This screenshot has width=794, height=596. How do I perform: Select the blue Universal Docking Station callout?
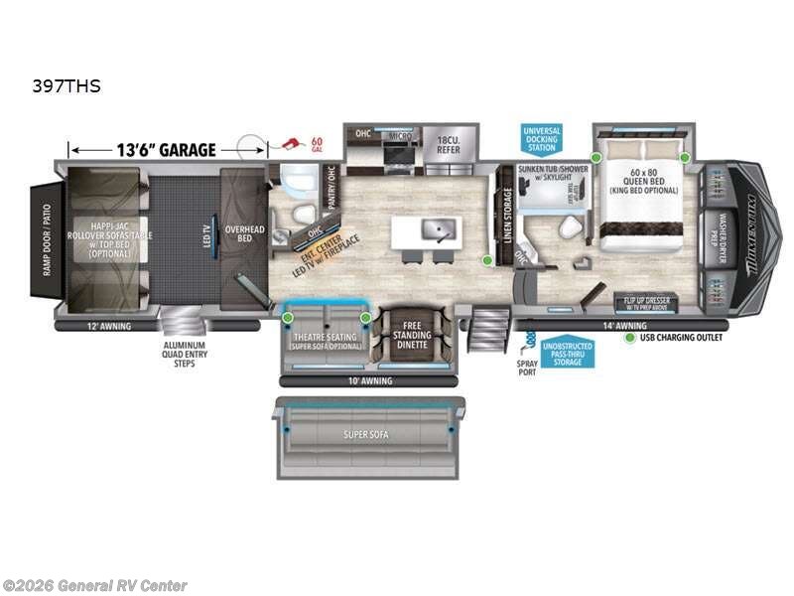click(x=541, y=138)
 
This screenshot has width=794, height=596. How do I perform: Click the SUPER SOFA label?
click(x=366, y=435)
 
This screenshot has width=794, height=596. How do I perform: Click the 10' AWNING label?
click(x=369, y=379)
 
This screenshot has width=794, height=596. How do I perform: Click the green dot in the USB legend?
click(x=629, y=338)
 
